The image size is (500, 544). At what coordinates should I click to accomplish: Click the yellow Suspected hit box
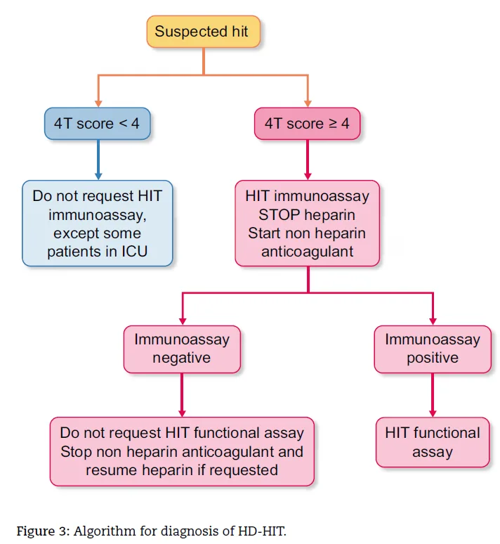click(203, 31)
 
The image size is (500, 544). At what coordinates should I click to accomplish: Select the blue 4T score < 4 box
click(98, 124)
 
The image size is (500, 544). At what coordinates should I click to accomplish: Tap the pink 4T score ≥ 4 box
click(307, 124)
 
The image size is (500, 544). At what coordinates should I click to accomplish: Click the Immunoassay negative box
click(182, 349)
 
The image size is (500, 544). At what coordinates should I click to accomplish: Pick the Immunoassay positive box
click(433, 349)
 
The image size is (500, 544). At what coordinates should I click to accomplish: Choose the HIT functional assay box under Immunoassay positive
click(433, 442)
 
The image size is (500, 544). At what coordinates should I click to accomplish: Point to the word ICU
click(134, 252)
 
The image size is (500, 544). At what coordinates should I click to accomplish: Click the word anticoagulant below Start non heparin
click(307, 252)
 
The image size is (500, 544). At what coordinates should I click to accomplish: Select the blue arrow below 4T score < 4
click(98, 160)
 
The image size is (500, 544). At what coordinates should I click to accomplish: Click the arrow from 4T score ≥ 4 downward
click(308, 160)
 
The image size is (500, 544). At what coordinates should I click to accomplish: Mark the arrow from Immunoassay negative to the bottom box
click(182, 395)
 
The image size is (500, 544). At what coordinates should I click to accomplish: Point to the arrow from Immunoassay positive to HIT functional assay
click(433, 395)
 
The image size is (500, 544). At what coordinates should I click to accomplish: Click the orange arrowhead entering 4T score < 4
click(98, 104)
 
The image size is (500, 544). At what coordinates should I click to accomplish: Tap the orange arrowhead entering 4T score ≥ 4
click(308, 104)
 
